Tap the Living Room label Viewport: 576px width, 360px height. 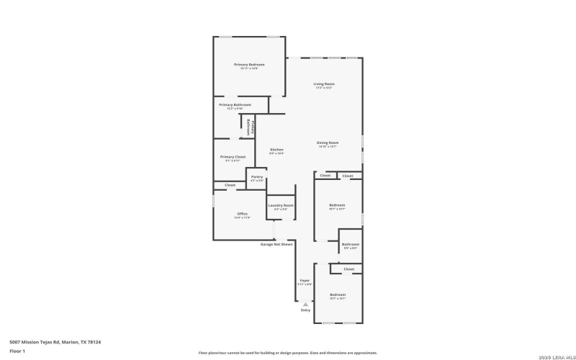coord(323,84)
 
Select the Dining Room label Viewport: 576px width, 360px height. coord(328,143)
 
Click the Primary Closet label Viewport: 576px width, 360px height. coord(233,157)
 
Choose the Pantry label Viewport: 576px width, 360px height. coord(256,177)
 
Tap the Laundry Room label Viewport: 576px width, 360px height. coord(281,205)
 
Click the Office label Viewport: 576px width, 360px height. coord(243,214)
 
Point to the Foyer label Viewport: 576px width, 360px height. coord(305,280)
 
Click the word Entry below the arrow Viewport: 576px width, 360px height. coord(305,310)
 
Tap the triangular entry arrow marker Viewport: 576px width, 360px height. coord(305,304)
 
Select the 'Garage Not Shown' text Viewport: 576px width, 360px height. coord(276,244)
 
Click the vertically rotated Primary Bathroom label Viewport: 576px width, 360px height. coord(248,127)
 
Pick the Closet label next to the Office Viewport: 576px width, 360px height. coord(230,185)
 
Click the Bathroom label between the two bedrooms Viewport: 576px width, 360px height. coord(351,244)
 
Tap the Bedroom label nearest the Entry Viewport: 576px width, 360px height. coord(338,294)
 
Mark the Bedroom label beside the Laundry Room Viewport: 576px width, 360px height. coord(337,205)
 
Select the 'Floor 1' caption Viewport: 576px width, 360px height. coord(17,351)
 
